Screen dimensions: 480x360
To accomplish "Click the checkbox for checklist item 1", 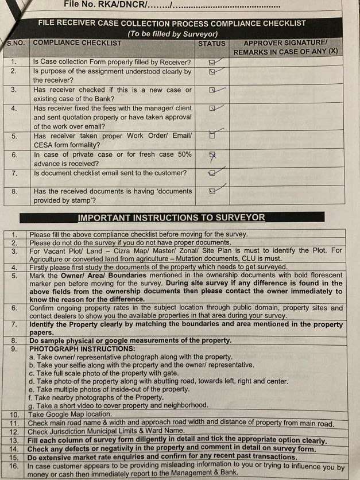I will click(x=212, y=62).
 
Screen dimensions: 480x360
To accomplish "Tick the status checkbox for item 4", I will click(x=212, y=108).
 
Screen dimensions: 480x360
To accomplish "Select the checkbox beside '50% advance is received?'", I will click(x=212, y=154).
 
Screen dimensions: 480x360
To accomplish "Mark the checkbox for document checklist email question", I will click(x=212, y=173).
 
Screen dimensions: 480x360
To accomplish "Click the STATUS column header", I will click(x=212, y=43).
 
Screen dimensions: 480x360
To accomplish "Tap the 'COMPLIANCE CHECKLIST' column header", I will click(x=78, y=43).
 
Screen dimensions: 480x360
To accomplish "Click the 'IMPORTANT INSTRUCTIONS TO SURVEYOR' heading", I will click(x=171, y=218).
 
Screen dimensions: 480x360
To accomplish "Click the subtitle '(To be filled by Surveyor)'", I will click(x=172, y=33).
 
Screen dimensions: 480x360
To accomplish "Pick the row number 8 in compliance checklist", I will click(x=14, y=191).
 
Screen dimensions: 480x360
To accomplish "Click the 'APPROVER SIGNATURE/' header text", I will click(x=285, y=43).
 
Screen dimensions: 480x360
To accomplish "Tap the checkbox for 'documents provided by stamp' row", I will click(x=212, y=191).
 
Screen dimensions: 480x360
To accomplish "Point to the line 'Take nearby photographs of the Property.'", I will click(x=96, y=397).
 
